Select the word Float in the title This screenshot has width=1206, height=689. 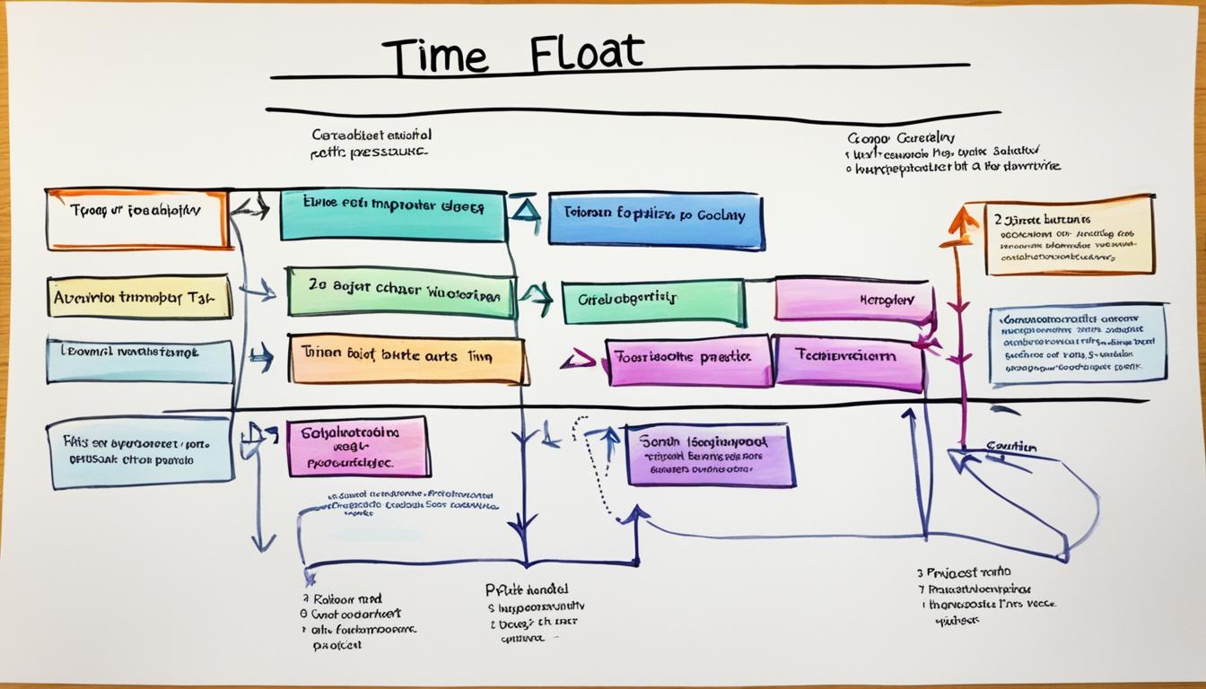[x=586, y=54]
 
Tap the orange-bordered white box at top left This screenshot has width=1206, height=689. [x=137, y=218]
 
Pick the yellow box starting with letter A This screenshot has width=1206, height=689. [x=139, y=297]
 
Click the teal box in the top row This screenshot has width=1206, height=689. [x=393, y=214]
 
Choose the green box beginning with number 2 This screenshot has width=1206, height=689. [x=401, y=292]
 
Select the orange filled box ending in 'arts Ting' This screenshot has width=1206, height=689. [x=407, y=359]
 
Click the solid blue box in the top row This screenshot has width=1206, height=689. [x=656, y=220]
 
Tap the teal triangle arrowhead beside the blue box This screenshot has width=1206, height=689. [x=526, y=210]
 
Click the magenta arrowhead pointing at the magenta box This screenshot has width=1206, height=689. [x=579, y=361]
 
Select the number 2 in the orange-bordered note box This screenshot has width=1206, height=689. [x=997, y=218]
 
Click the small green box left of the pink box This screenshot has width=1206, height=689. [x=653, y=301]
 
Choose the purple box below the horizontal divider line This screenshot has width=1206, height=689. [x=710, y=455]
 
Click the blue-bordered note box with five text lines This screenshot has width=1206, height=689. [x=1078, y=343]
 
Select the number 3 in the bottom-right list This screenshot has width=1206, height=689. [x=920, y=571]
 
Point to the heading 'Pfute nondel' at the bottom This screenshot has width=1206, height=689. [x=526, y=589]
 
